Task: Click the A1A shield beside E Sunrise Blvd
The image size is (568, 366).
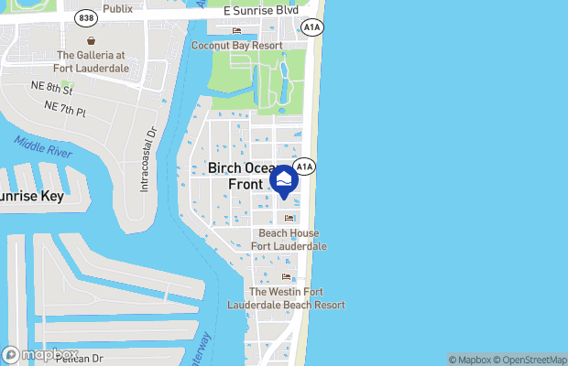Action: coord(313,29)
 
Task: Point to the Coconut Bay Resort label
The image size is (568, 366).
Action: coord(236,45)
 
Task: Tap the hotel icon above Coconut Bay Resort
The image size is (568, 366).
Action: coord(236,31)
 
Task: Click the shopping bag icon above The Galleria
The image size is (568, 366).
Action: coord(91,41)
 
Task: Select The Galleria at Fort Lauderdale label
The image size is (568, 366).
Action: coord(93,62)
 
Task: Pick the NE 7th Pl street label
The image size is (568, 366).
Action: coord(64,107)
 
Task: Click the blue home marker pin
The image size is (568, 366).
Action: coord(284,180)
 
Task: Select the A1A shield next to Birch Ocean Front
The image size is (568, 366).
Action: coord(305,167)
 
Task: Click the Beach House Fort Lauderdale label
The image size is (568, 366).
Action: coord(289,240)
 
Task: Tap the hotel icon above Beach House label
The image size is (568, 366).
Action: coord(289,218)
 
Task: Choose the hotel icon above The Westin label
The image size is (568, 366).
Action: coord(286,277)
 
